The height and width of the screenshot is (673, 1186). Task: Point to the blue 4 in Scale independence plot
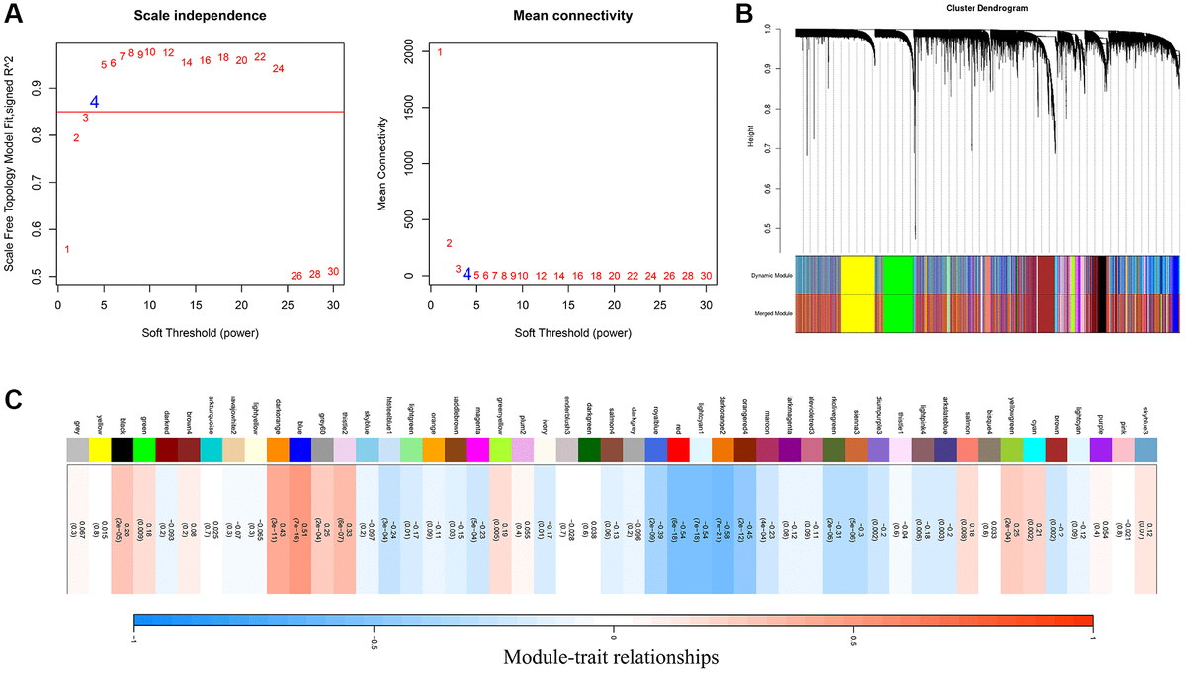(x=95, y=102)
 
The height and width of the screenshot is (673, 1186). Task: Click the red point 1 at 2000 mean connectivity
(x=440, y=52)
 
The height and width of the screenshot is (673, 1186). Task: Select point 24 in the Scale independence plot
(x=278, y=69)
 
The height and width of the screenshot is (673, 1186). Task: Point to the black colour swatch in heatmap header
(x=121, y=451)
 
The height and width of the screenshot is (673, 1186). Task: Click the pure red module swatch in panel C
(x=678, y=451)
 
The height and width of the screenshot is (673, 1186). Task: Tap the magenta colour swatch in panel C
(x=477, y=451)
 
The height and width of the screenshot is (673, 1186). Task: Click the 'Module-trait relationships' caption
(x=611, y=656)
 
